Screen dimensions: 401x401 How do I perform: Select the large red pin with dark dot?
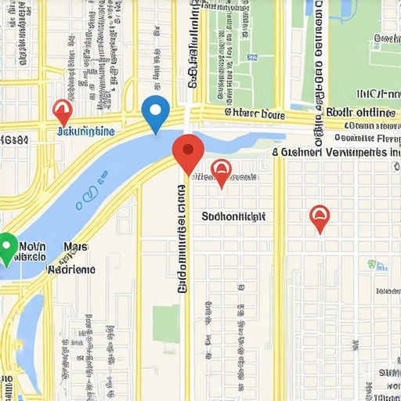click(x=187, y=152)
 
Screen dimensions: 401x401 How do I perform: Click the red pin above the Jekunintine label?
click(x=62, y=112)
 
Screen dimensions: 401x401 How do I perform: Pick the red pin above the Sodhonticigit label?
click(x=222, y=172)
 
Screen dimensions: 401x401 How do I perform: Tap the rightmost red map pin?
click(x=320, y=218)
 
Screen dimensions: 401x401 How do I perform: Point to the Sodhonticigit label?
click(x=233, y=216)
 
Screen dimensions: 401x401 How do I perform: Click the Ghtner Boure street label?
click(x=255, y=113)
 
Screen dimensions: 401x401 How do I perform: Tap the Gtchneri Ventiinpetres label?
click(x=337, y=153)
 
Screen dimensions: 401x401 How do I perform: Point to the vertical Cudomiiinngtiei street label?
click(x=182, y=239)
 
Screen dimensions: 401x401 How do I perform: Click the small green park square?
click(x=165, y=323)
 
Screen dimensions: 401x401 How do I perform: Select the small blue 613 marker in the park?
click(x=252, y=56)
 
